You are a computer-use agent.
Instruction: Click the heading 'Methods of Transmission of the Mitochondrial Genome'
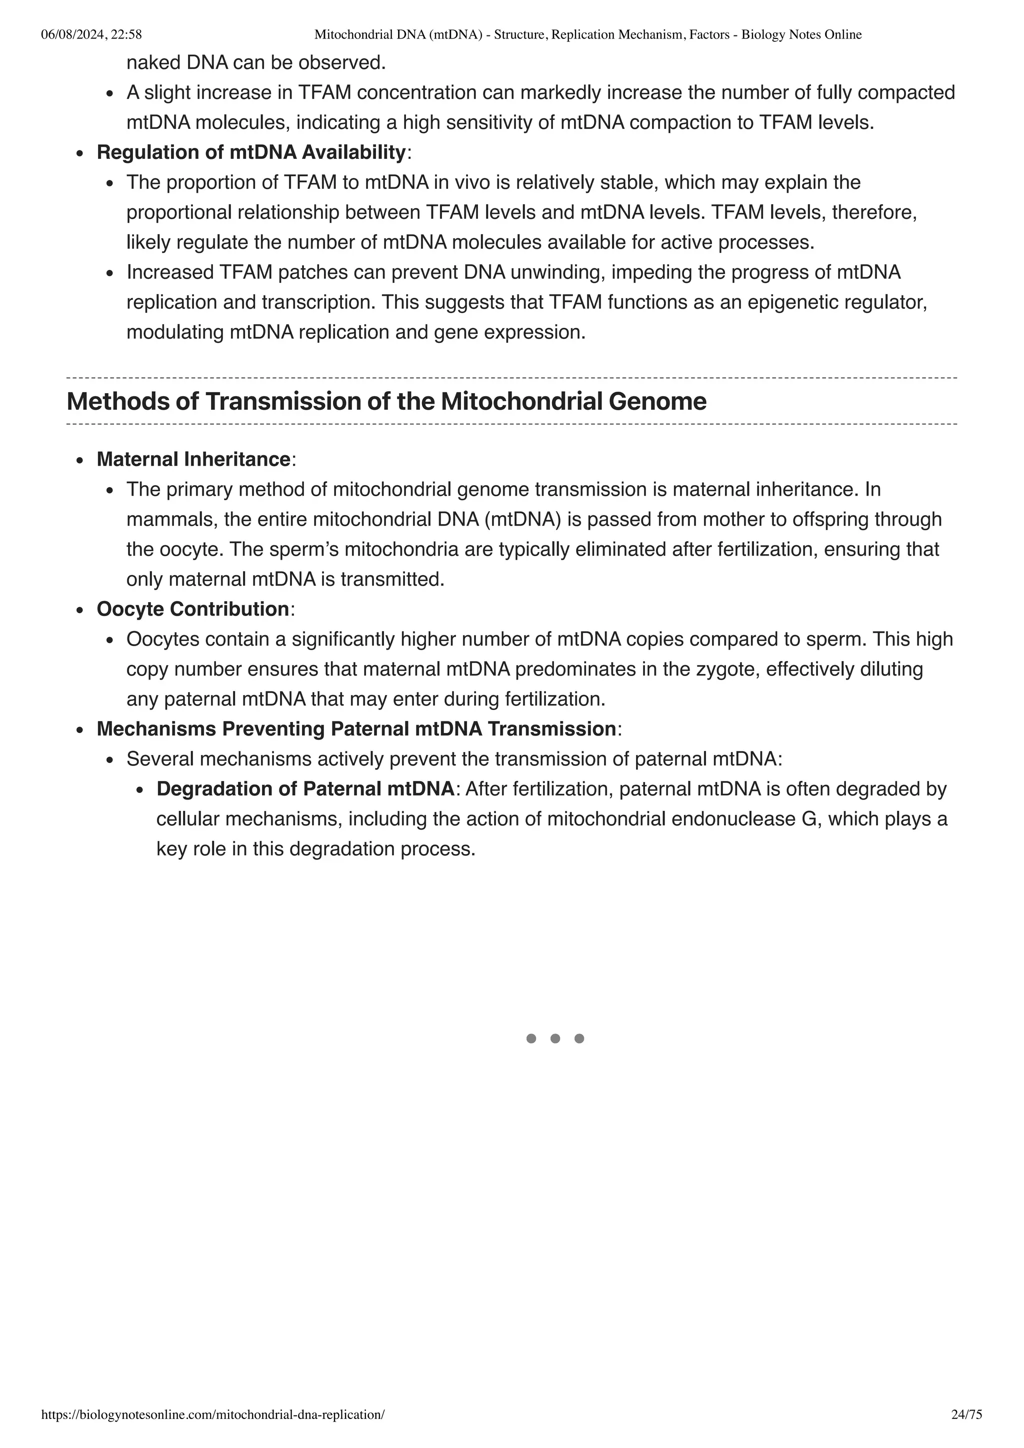tap(386, 402)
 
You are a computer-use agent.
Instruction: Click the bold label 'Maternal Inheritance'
tap(193, 459)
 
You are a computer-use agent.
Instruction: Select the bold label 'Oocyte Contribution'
tap(192, 609)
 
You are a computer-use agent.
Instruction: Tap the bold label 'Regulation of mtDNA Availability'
tap(250, 152)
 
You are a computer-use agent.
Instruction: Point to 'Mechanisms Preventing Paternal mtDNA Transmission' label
tap(356, 729)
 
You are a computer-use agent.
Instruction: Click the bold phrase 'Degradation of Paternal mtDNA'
tap(305, 789)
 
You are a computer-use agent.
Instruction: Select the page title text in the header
tap(587, 34)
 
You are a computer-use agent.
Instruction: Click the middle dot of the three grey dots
tap(555, 1039)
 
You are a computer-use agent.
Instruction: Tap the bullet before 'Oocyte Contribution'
tap(79, 611)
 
